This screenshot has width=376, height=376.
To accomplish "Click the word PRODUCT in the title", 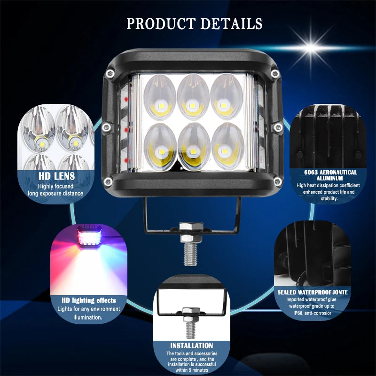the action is coord(161,24).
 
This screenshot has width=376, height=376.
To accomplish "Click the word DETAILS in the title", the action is coord(231,24).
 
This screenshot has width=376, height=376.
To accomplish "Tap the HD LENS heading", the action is coord(57,176).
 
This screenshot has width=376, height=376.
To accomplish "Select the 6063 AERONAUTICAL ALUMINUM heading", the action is coord(330,175).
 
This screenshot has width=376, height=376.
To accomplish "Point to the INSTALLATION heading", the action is coord(192,345).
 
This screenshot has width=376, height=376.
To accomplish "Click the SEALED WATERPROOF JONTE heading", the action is coord(313,292).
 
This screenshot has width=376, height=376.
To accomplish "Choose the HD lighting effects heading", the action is coord(89,300).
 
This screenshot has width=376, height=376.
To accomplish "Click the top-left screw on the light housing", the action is coord(110,74).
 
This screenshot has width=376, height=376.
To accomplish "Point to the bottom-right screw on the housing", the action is coord(278,181).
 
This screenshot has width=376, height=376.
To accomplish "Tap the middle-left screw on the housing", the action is coord(106,127).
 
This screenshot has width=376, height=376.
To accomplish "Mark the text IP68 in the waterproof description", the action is coord(298,313).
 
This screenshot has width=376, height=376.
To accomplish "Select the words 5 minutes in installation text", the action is coord(199,370).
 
